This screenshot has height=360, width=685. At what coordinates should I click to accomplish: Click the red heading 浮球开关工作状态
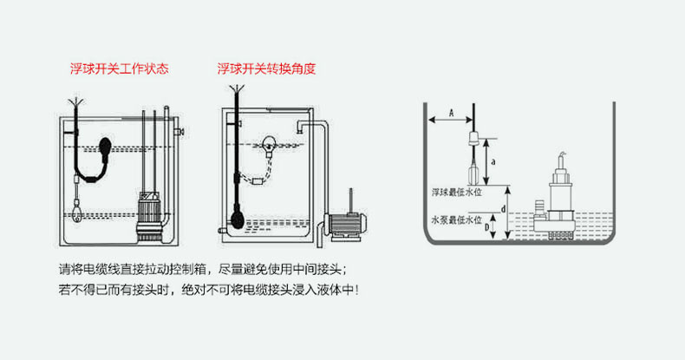[119, 69]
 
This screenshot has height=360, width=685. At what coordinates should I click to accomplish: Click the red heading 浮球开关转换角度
[265, 69]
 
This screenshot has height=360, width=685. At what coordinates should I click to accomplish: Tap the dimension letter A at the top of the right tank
[451, 112]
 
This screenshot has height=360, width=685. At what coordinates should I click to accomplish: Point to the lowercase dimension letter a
[493, 161]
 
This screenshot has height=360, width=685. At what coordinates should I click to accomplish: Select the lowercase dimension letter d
[504, 209]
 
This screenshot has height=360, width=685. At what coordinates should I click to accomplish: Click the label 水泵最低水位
[453, 220]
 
